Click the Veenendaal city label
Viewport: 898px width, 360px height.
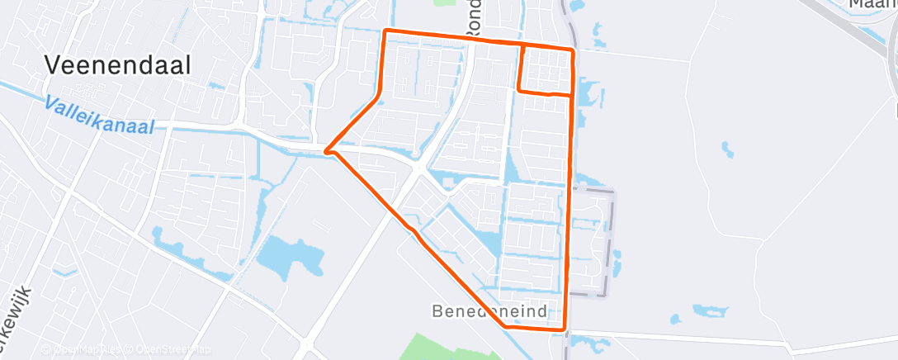[118, 65]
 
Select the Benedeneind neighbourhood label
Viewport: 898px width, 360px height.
[489, 311]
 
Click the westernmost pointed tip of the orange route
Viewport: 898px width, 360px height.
[327, 152]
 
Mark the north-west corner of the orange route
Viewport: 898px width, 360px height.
[385, 31]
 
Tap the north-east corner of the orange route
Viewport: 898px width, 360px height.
[572, 50]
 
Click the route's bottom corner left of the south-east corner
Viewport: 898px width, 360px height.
[505, 326]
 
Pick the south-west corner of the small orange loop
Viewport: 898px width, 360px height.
[518, 89]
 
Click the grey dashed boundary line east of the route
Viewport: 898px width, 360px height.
[612, 239]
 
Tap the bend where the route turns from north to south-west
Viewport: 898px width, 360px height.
[379, 95]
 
